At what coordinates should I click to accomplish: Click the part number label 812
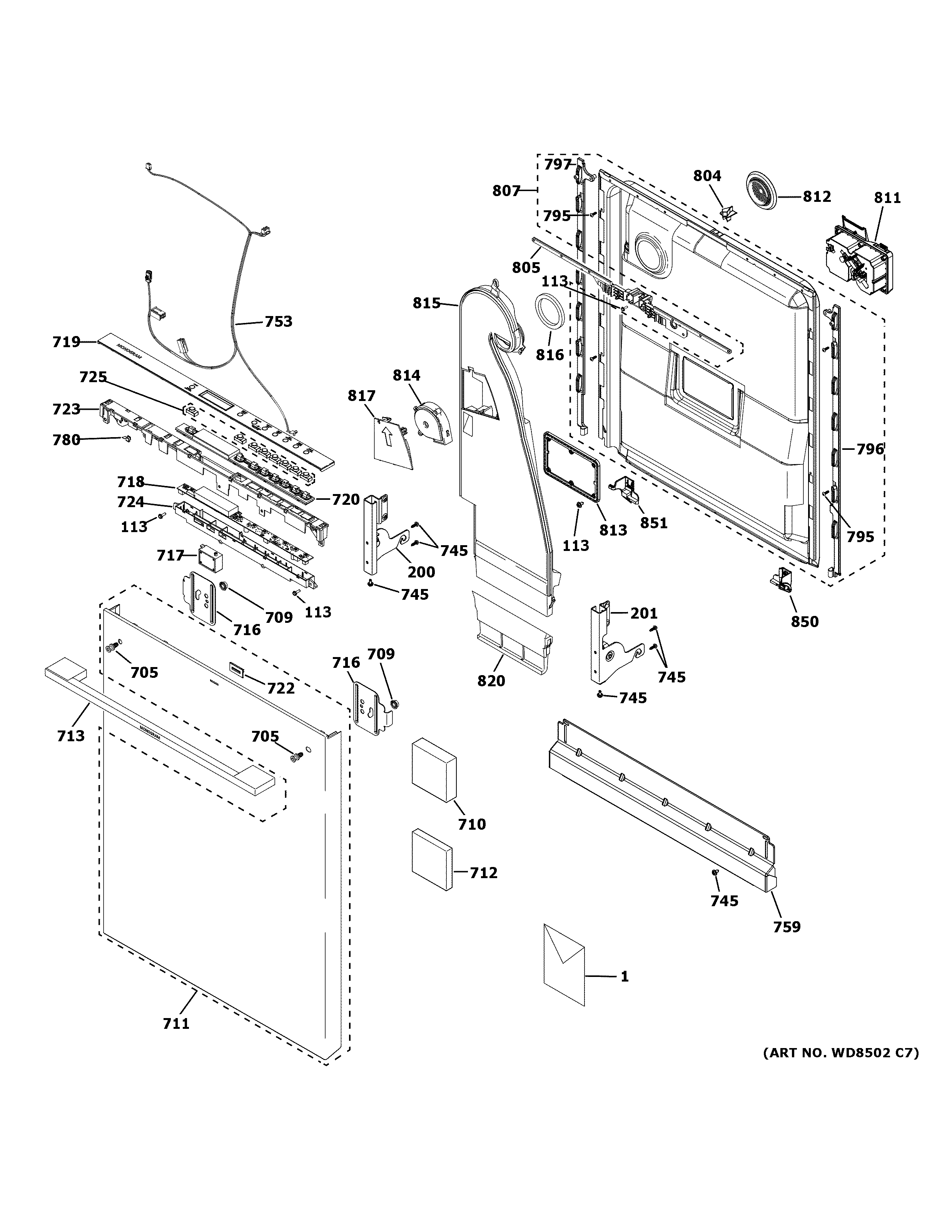tap(817, 196)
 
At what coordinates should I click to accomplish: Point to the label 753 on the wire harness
tap(278, 321)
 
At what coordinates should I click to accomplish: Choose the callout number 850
tap(805, 621)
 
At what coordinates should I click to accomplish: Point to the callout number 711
tap(176, 1023)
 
